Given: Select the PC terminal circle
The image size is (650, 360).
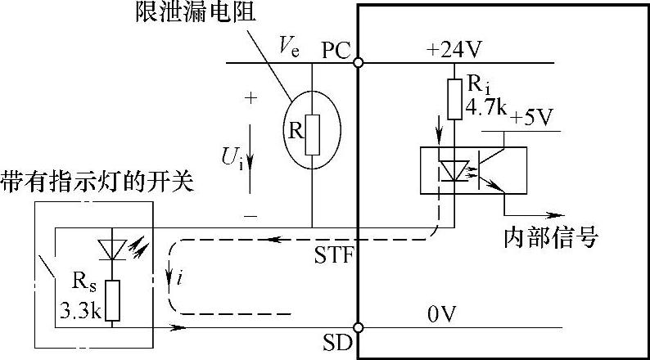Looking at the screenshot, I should point(359,61).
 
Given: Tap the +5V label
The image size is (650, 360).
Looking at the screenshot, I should point(531,118).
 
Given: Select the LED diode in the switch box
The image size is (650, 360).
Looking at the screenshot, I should point(114,247).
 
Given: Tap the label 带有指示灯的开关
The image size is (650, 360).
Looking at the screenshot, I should point(97,180).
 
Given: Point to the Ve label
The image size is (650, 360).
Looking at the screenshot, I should point(288,49).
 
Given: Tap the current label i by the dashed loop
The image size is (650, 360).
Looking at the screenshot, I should point(179,281).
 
